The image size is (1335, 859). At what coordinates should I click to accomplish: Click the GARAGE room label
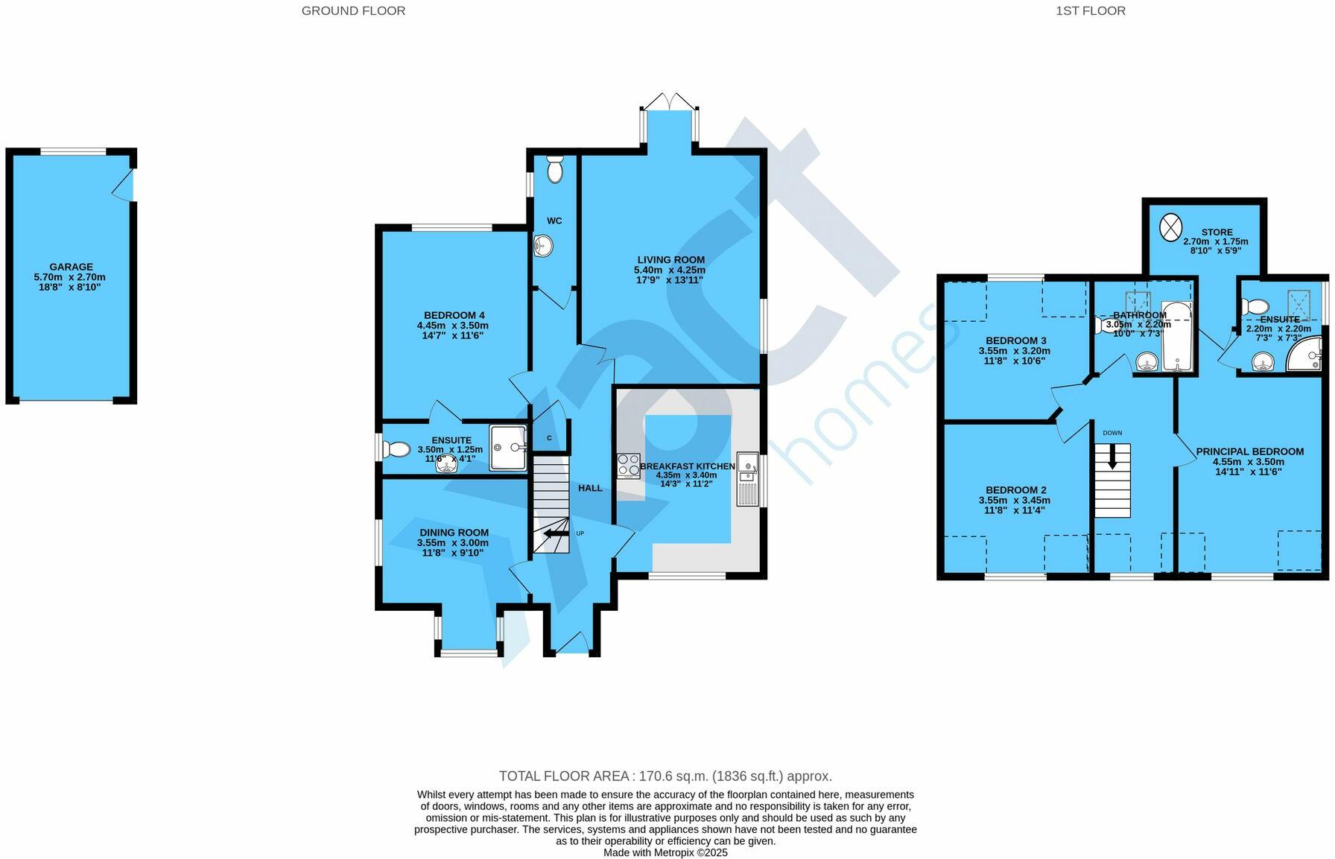point(72,267)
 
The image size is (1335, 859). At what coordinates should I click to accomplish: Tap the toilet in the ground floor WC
point(555,170)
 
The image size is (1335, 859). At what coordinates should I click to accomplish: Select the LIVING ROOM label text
point(670,260)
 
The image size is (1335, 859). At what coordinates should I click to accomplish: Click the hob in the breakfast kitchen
point(628,466)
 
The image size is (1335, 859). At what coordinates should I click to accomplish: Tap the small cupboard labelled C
point(550,438)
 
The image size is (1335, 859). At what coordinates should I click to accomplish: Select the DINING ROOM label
point(454,533)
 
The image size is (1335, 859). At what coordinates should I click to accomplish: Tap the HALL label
point(590,488)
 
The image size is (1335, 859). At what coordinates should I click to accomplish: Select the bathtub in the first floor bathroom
point(1178,337)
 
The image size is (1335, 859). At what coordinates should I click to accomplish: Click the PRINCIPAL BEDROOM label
point(1249,451)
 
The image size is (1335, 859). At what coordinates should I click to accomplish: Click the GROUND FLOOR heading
point(353,10)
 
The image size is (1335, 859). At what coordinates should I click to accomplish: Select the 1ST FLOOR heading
point(1090,10)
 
